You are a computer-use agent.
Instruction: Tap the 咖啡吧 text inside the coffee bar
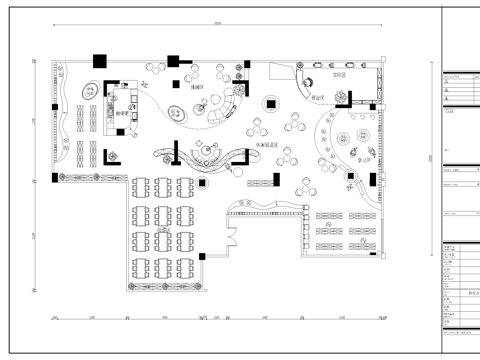point(131,113)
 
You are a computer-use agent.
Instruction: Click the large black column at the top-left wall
point(99,60)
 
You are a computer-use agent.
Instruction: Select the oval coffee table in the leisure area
point(180,110)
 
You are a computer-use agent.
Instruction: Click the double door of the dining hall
point(231,238)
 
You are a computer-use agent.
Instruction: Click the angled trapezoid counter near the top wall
point(301,74)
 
